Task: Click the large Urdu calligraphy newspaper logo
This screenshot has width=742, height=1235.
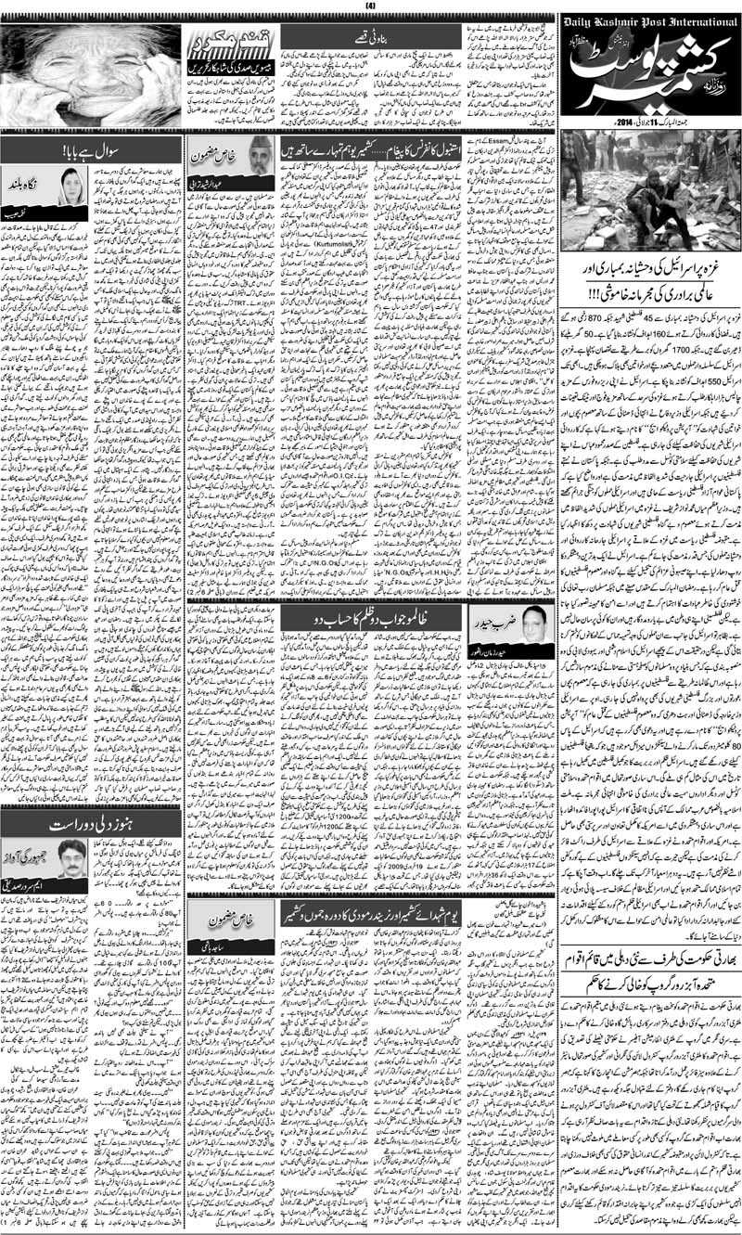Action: pyautogui.click(x=649, y=70)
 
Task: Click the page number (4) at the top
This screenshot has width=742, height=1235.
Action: pyautogui.click(x=371, y=6)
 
